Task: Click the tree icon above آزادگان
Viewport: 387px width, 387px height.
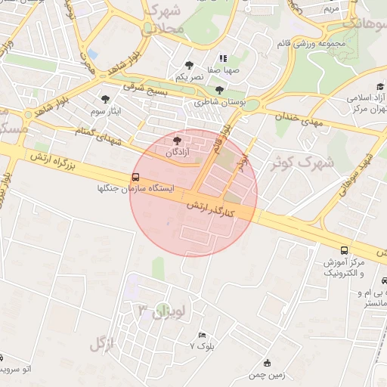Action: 178,141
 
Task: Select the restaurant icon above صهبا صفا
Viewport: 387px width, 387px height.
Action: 223,58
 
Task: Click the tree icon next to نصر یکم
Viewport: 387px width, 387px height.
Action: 189,66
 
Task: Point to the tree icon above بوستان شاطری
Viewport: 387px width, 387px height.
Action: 219,90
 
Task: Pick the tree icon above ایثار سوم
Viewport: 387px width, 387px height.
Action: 105,99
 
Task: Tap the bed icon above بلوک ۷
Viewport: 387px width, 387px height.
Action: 201,335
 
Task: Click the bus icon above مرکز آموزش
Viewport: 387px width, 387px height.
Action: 345,250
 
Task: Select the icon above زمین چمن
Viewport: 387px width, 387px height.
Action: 267,363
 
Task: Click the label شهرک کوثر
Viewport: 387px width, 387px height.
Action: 308,161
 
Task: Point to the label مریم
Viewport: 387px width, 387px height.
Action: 331,9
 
